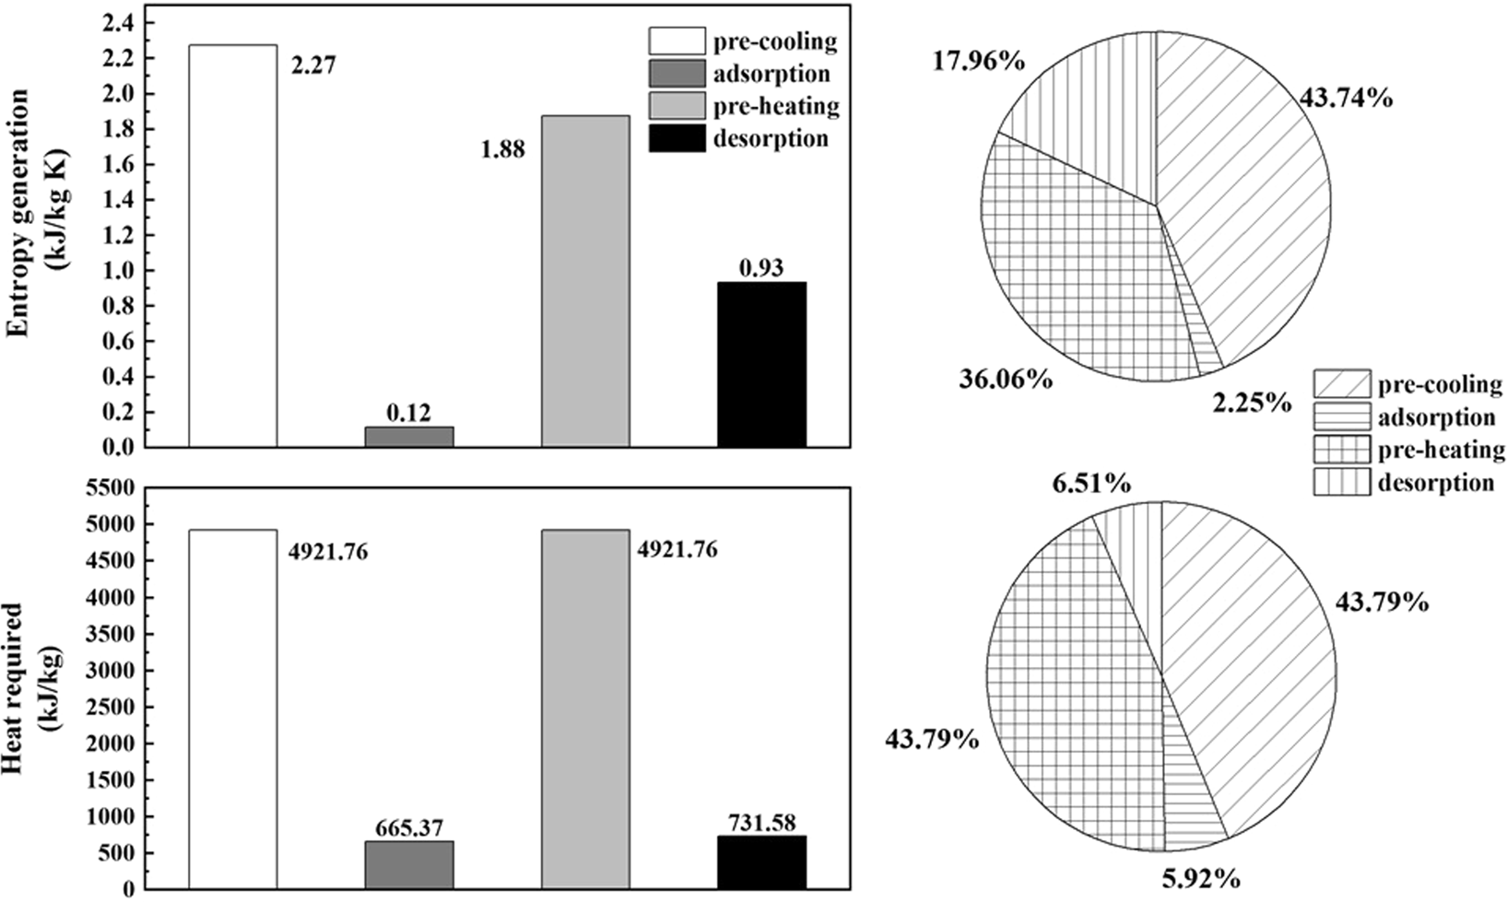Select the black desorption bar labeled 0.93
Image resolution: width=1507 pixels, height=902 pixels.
coord(761,365)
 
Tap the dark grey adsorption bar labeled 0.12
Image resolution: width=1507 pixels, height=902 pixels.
coord(409,438)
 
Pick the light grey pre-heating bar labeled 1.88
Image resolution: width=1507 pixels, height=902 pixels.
coord(585,282)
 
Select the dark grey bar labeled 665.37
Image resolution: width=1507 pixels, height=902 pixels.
coord(409,865)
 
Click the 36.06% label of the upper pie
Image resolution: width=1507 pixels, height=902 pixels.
coord(1003,379)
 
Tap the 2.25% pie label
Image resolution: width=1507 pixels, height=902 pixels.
coord(1251,403)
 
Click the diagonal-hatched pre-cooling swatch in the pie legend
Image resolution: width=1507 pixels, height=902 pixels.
coord(1340,384)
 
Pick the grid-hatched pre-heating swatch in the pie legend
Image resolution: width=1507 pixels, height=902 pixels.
coord(1340,451)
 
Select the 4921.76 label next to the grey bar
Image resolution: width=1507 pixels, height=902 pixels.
coord(678,551)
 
